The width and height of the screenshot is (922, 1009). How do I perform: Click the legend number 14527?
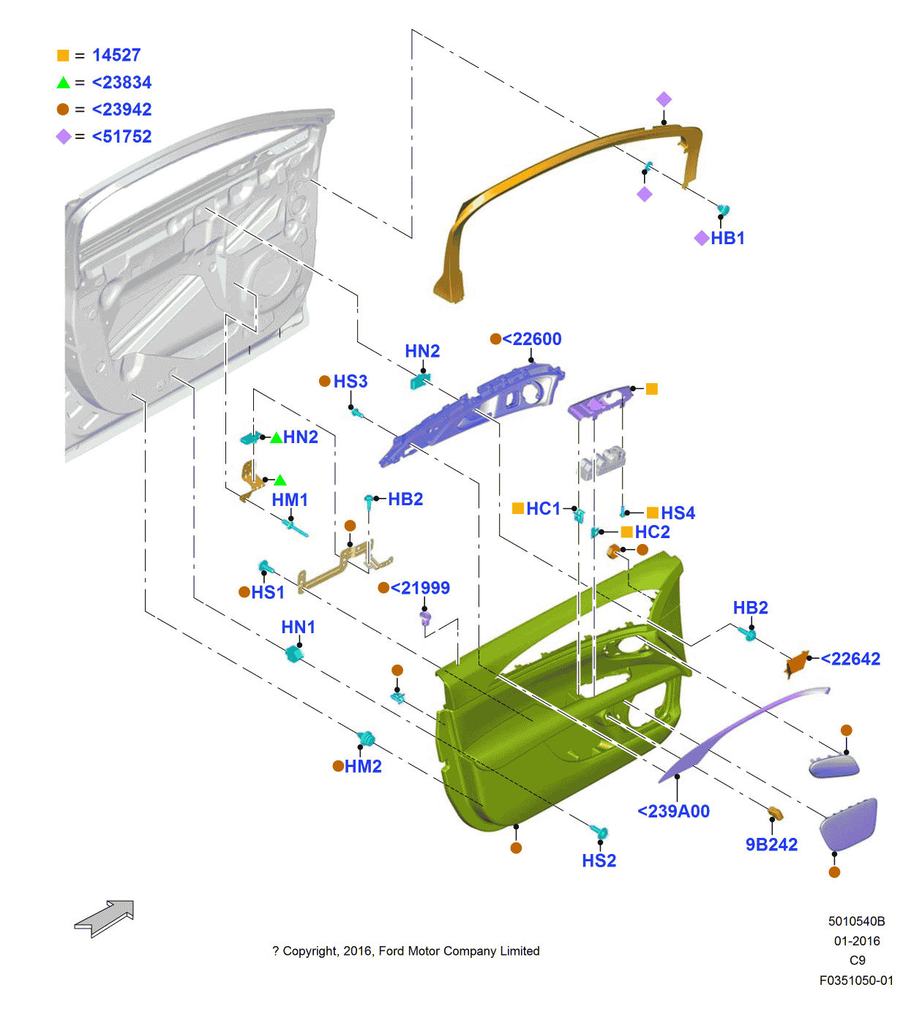(x=116, y=56)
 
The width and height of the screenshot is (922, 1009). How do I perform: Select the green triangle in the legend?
(x=64, y=83)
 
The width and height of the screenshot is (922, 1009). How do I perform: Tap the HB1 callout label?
(x=727, y=238)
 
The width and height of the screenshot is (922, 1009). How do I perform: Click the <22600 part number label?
(x=532, y=339)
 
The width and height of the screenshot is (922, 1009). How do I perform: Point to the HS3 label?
(x=351, y=382)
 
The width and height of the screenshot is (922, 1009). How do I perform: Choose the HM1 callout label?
(x=290, y=500)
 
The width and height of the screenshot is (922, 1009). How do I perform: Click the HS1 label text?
(x=268, y=593)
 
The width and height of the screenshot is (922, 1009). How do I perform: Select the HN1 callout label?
(x=299, y=627)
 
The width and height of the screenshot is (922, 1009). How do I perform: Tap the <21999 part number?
(x=420, y=589)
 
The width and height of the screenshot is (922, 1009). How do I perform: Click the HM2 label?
(x=363, y=767)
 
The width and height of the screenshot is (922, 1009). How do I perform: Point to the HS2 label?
(x=599, y=861)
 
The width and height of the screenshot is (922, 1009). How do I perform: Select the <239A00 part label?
(x=673, y=812)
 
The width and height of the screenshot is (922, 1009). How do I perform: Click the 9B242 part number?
(x=771, y=845)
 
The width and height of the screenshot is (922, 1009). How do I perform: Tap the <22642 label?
(x=850, y=660)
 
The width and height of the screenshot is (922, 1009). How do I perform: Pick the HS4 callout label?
(x=678, y=513)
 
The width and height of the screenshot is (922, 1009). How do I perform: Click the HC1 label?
(x=543, y=509)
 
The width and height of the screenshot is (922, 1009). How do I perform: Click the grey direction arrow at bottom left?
(x=105, y=918)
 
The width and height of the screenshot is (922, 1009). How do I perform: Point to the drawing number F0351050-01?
(x=856, y=981)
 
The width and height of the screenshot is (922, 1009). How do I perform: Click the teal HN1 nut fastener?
(x=294, y=653)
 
